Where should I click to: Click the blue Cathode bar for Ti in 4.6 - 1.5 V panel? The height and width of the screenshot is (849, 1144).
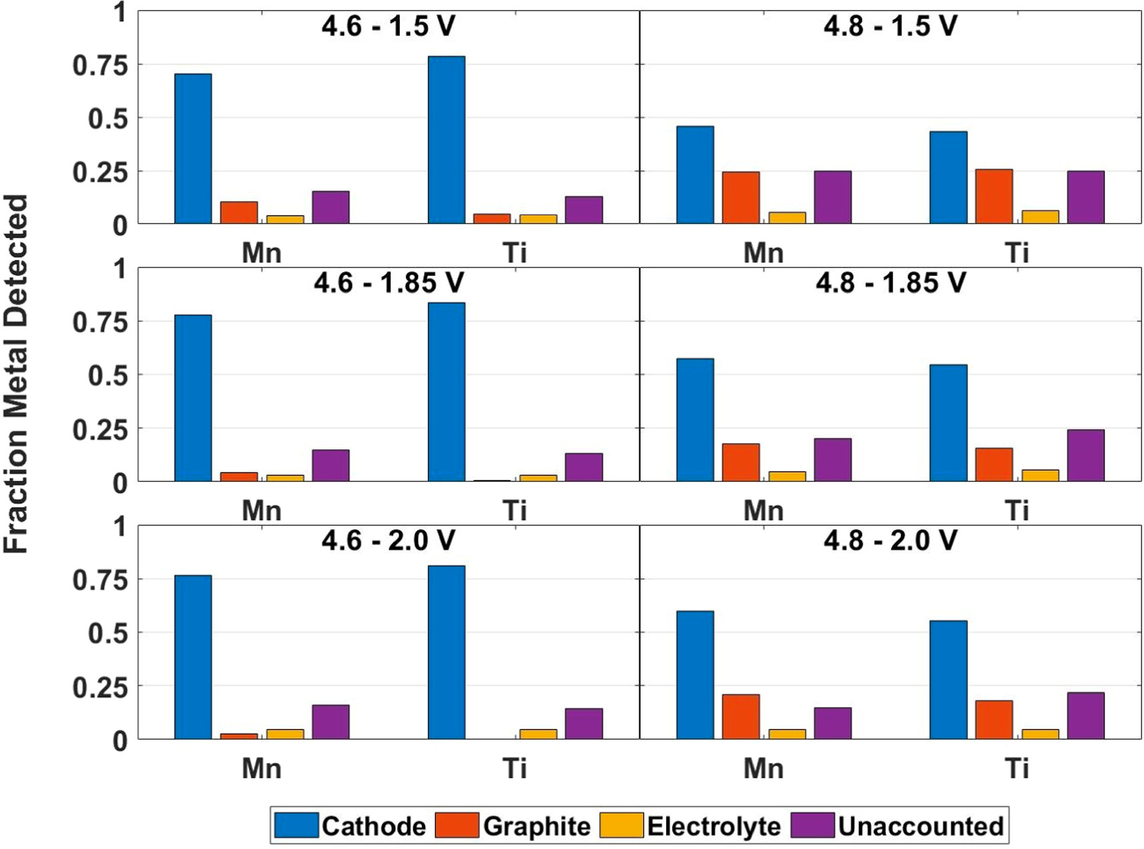(x=446, y=140)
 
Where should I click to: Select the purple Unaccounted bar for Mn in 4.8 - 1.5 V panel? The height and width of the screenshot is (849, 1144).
(x=832, y=197)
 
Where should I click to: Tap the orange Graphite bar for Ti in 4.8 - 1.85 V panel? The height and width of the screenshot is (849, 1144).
(x=993, y=464)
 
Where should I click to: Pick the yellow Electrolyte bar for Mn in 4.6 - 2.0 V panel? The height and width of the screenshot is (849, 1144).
(x=285, y=734)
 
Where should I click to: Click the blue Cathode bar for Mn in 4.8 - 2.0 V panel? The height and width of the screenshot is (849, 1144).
(x=695, y=674)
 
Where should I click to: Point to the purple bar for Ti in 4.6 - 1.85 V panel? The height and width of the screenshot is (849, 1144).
(x=583, y=467)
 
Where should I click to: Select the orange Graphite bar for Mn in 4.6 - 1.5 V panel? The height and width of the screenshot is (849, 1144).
(x=239, y=213)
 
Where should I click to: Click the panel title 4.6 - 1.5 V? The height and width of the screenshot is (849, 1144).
(x=388, y=27)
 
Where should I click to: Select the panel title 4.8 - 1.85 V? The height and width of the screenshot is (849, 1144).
(x=890, y=283)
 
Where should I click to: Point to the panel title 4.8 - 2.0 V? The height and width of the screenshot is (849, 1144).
(x=890, y=540)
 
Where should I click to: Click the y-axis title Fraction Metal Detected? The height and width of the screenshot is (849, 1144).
(x=16, y=373)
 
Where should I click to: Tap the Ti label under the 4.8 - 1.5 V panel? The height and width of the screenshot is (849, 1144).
(x=1016, y=253)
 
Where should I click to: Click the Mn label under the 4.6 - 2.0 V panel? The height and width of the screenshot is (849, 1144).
(x=261, y=768)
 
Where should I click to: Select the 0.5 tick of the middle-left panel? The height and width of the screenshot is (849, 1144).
(x=107, y=376)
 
